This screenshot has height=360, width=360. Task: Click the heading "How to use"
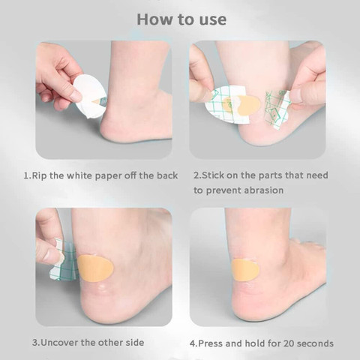pyautogui.click(x=179, y=19)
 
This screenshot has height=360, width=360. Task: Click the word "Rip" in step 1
pyautogui.click(x=42, y=175)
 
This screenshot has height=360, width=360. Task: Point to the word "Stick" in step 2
pyautogui.click(x=216, y=175)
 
